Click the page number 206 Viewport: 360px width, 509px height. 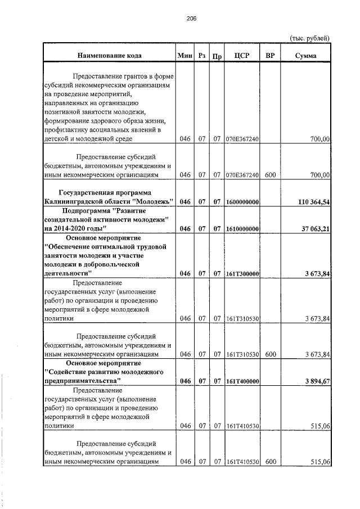coord(191,18)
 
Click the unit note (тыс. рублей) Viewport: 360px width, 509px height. coord(309,38)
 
